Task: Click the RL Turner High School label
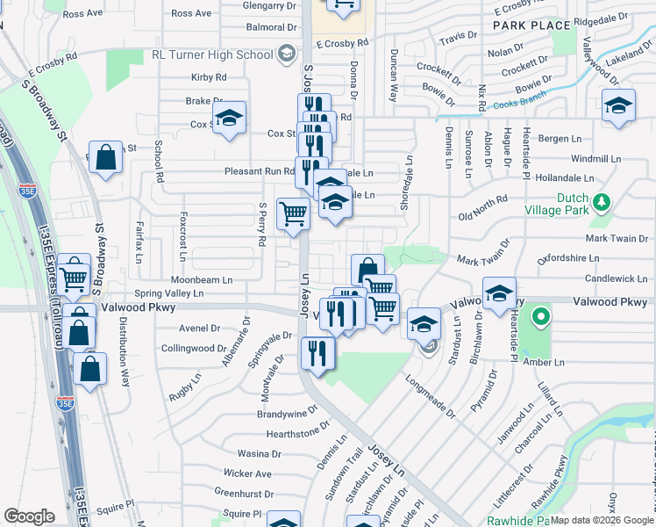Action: pos(213,54)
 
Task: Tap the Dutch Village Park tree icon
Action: pos(601,204)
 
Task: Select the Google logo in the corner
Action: pos(29,516)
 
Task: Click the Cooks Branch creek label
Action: pos(518,105)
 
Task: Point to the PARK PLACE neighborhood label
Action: pos(531,25)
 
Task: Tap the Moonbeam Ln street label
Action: pos(203,279)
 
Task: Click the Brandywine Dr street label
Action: pos(293,413)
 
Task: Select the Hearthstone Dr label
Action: pos(298,434)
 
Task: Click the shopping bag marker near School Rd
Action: pos(105,158)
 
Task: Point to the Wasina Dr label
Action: pos(259,454)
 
